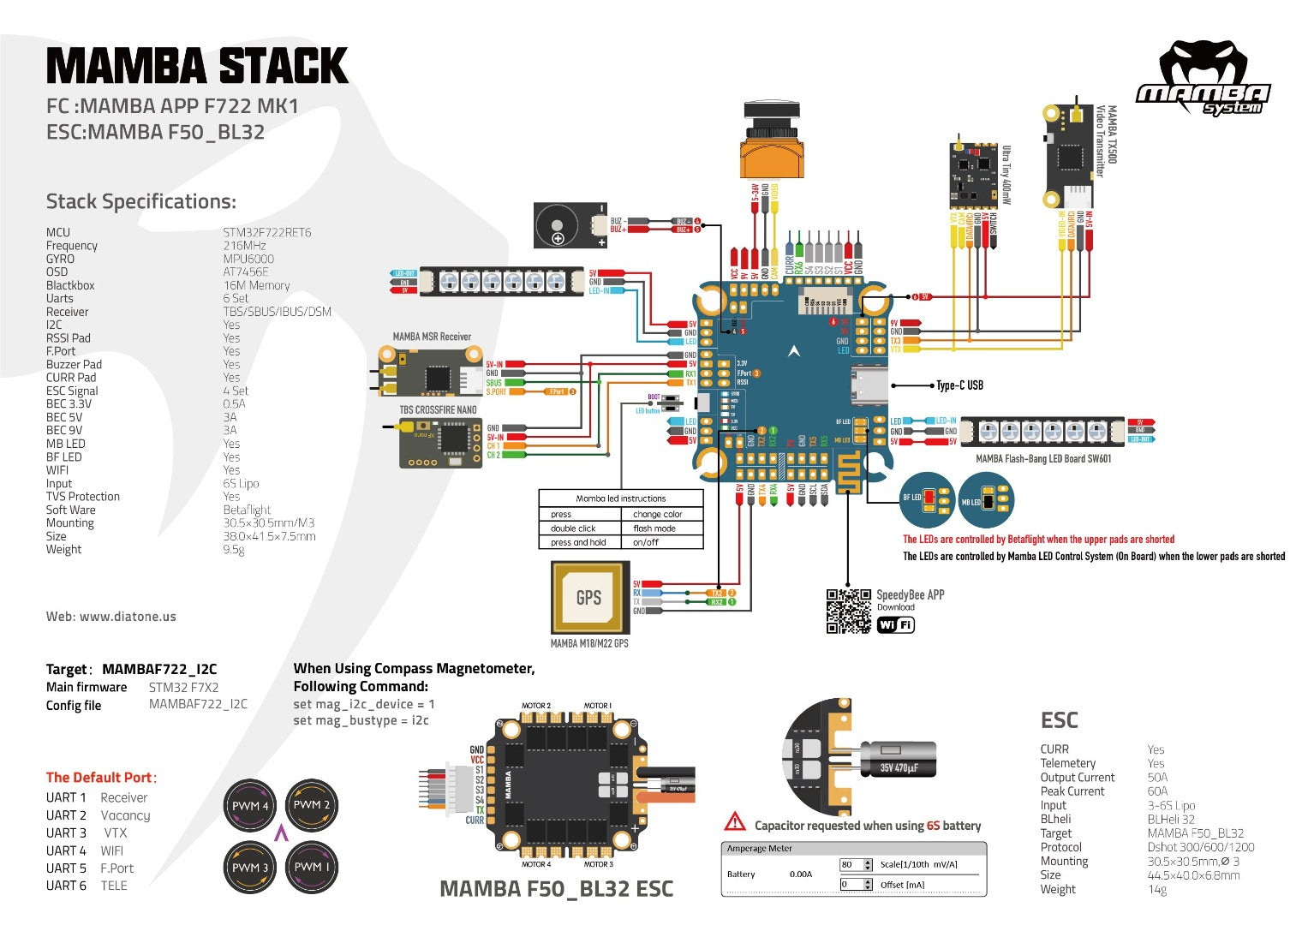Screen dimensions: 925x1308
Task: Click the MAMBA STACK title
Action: (x=197, y=66)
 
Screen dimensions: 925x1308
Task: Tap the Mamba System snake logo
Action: (x=1203, y=77)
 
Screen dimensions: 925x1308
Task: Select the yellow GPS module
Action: (x=588, y=598)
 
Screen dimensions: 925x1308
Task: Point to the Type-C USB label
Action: (x=959, y=385)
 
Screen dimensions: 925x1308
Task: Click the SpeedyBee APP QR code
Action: (x=848, y=611)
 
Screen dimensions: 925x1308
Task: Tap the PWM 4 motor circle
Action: (x=250, y=806)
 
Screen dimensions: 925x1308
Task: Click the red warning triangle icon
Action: (x=735, y=822)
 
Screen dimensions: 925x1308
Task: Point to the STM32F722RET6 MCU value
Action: (x=267, y=232)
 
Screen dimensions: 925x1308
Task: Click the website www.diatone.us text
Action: (x=111, y=617)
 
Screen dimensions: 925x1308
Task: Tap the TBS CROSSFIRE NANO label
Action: (x=438, y=410)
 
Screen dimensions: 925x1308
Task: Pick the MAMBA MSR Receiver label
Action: (x=432, y=337)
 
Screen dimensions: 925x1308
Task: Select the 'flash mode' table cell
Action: (x=654, y=528)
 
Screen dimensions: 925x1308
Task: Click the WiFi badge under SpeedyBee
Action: (x=896, y=625)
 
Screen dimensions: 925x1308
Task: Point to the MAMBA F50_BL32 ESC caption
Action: (x=556, y=889)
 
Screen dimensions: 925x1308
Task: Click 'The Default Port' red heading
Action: (x=101, y=778)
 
